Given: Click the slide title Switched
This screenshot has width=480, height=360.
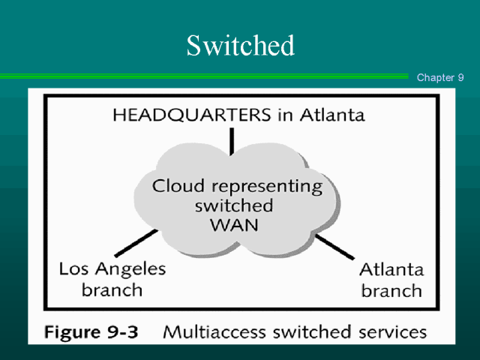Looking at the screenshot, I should pos(240,46).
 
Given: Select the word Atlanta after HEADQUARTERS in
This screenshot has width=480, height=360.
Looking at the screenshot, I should pos(332,115).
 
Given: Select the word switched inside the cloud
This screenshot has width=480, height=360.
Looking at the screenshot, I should pos(233,205).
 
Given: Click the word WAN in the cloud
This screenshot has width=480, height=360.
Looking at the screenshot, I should pos(235,224).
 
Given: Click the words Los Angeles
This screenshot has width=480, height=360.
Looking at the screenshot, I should pos(112,269).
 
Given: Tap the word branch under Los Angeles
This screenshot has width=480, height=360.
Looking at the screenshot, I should pos(112,289).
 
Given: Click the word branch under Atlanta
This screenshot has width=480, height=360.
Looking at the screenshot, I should pos(391,290).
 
